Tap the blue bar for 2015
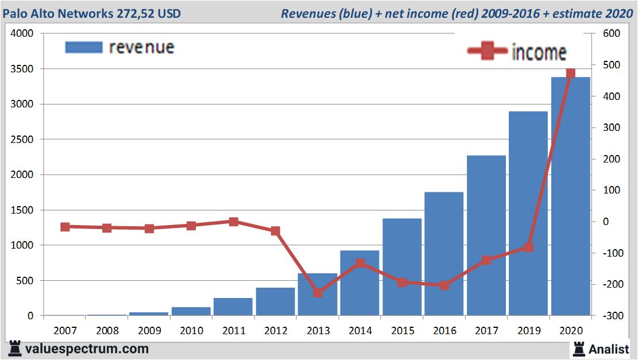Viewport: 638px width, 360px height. pos(402,267)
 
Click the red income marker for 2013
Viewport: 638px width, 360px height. pos(318,293)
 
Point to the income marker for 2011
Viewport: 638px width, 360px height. pos(233,222)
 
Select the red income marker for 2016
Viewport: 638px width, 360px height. pos(444,285)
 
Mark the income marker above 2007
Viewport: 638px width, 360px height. pos(65,227)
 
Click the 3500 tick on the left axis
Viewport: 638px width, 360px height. pos(22,69)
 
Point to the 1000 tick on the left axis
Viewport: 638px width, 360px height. pos(22,245)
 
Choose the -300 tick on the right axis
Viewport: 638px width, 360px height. pos(610,316)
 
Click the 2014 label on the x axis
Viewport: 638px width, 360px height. pos(360,331)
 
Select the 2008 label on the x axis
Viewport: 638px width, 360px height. pos(107,331)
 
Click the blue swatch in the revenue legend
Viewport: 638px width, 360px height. pos(84,47)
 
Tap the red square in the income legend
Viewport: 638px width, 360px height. pos(488,52)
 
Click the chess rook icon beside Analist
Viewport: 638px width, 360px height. pos(579,348)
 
